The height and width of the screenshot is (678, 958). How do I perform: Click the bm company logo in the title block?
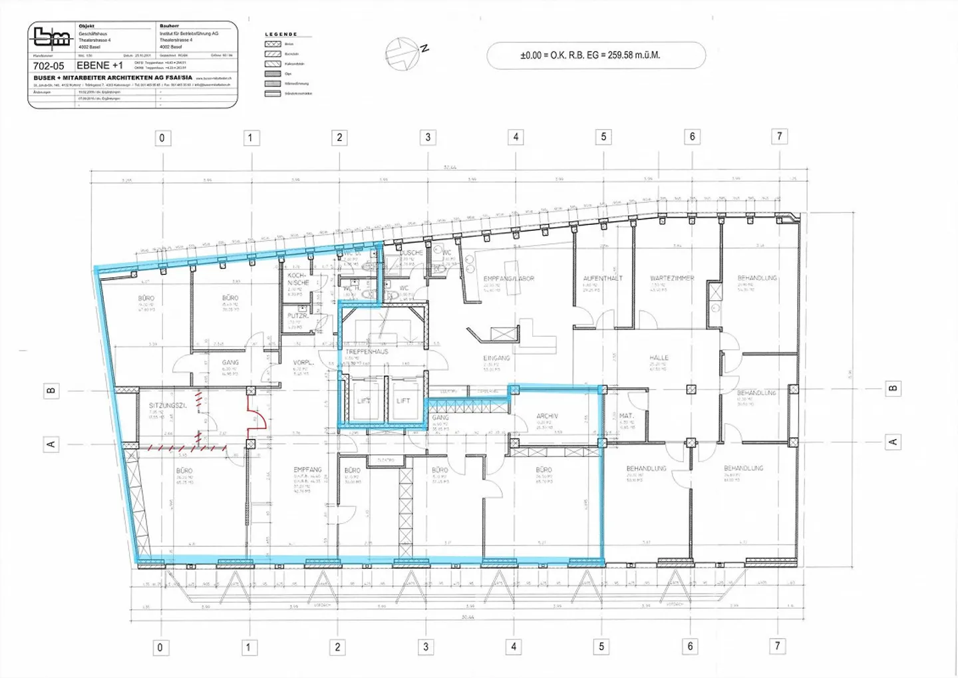point(52,37)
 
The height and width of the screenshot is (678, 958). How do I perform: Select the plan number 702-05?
point(49,66)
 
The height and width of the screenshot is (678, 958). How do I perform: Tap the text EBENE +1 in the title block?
point(100,65)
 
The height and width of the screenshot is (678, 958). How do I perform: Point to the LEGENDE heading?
point(281,34)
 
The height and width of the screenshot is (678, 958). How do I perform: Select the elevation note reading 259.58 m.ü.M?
point(590,55)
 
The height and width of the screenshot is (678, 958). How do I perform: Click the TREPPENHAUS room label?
point(367,351)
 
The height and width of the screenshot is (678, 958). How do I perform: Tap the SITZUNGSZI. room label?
point(167,405)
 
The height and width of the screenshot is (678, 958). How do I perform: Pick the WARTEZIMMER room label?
point(672,278)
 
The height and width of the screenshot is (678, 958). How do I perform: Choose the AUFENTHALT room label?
point(603,278)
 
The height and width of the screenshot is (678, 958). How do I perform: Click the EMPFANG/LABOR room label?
point(509,279)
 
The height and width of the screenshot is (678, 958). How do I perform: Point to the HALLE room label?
point(659,358)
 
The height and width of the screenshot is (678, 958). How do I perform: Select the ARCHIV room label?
point(547,416)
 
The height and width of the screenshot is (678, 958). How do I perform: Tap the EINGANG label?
point(496,358)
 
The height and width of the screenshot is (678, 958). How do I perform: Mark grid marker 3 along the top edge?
point(428,137)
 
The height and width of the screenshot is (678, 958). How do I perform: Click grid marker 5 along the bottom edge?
point(601,646)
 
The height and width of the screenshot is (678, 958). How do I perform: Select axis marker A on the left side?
point(51,444)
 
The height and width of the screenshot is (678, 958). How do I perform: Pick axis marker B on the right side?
point(893,388)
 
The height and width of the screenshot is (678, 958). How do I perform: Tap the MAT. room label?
point(626,416)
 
